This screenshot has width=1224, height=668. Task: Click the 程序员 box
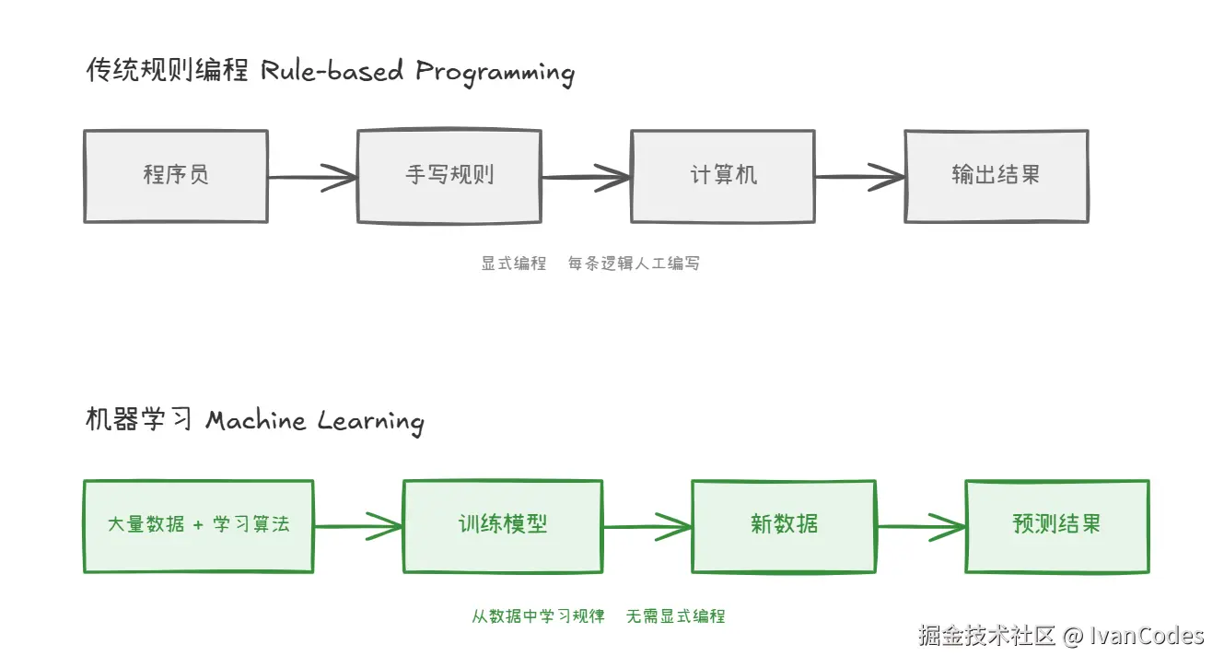pyautogui.click(x=176, y=176)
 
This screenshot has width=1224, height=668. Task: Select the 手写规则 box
pyautogui.click(x=449, y=176)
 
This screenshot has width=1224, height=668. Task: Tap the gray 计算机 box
pyautogui.click(x=722, y=176)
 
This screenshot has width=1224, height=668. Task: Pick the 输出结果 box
pyautogui.click(x=996, y=176)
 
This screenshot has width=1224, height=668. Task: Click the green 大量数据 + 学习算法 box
pyautogui.click(x=198, y=525)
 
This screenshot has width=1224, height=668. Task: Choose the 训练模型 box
pyautogui.click(x=503, y=525)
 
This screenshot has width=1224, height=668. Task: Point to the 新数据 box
pyautogui.click(x=784, y=525)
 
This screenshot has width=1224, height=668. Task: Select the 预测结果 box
pyautogui.click(x=1056, y=525)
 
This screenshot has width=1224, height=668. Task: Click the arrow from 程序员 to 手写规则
pyautogui.click(x=312, y=177)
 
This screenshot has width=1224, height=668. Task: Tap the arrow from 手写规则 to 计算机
pyautogui.click(x=586, y=177)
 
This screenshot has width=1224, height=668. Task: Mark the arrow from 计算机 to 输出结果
pyautogui.click(x=859, y=177)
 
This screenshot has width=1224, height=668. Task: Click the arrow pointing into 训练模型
pyautogui.click(x=358, y=526)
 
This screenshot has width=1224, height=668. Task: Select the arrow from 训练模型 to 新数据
pyautogui.click(x=647, y=526)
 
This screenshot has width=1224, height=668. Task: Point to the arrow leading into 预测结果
pyautogui.click(x=920, y=526)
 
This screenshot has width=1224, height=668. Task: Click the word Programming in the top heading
pyautogui.click(x=495, y=73)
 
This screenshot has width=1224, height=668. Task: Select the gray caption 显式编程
pyautogui.click(x=514, y=264)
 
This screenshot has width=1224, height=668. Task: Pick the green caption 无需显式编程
pyautogui.click(x=675, y=616)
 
